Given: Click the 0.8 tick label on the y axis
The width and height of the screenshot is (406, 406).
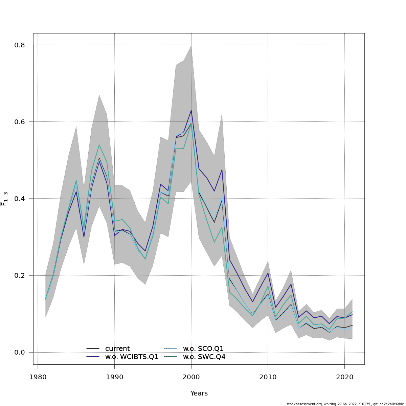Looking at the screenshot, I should [20, 45].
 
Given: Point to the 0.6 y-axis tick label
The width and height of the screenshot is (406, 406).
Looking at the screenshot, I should [20, 122].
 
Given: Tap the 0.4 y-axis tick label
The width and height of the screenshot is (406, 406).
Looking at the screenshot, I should [20, 199].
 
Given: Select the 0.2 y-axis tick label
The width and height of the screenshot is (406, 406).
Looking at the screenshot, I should [20, 275].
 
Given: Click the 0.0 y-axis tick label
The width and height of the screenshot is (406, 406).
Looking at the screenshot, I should [20, 352].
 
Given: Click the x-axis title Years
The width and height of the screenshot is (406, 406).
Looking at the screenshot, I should [199, 393].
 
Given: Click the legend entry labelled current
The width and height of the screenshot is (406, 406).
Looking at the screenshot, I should [117, 349].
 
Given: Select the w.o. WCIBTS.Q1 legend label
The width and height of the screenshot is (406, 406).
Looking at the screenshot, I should [132, 357].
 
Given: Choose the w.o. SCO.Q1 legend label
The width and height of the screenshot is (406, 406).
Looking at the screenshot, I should [203, 349].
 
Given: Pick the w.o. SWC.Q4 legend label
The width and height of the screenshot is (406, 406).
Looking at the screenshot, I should [204, 357].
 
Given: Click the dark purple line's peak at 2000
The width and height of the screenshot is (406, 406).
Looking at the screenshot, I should [191, 110].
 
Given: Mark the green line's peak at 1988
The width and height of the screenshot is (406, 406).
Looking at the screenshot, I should [99, 145].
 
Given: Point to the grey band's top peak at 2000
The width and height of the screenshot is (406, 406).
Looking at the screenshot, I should [191, 46].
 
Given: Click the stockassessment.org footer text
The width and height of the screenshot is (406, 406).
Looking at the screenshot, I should [345, 404].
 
